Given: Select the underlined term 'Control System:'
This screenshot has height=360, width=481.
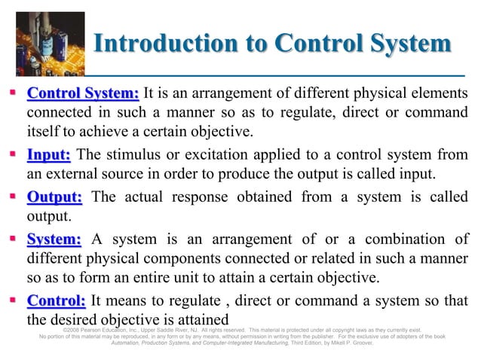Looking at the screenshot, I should (x=83, y=94).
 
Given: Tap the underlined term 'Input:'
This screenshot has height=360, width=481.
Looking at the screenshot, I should (x=49, y=156).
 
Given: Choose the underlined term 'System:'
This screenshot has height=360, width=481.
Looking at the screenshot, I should (x=54, y=239).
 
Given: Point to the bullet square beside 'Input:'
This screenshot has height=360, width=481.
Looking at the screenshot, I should (x=15, y=156).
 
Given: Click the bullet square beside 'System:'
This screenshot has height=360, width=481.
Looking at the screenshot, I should (x=15, y=239).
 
